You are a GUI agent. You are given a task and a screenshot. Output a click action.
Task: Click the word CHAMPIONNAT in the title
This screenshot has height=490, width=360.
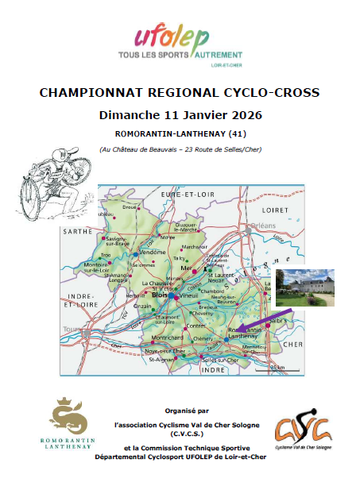tap(88, 93)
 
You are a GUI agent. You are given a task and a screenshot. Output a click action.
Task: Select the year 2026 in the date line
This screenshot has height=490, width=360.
tap(245, 114)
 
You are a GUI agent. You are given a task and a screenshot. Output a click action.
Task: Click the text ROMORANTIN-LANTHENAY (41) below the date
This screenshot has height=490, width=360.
tap(180, 133)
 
